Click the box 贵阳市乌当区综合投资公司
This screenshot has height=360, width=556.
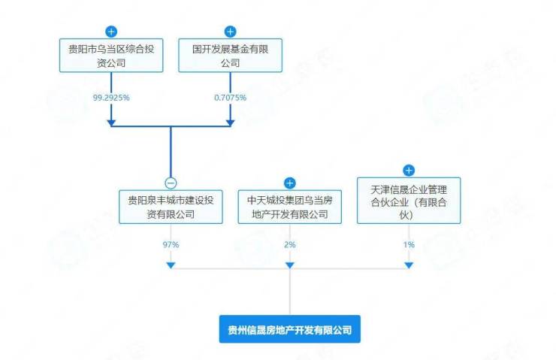(x=111, y=56)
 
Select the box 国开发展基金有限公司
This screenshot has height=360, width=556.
(x=231, y=56)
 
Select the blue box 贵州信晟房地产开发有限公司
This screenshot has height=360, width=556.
(x=289, y=329)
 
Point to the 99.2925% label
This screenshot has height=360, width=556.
(x=110, y=98)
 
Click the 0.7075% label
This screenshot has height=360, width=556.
(x=231, y=98)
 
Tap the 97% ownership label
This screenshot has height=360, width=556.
(x=171, y=245)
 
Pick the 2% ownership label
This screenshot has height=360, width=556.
(x=289, y=245)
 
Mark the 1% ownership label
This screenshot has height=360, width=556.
(x=409, y=245)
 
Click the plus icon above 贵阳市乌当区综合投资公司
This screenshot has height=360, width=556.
(x=111, y=32)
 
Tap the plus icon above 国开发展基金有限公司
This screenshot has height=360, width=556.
(x=231, y=32)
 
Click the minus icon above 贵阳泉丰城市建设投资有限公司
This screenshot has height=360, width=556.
(x=171, y=183)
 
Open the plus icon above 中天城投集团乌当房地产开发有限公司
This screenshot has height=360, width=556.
(x=290, y=183)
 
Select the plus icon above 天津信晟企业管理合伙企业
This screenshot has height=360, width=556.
(x=409, y=171)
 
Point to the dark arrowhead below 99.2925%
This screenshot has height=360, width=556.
(x=111, y=120)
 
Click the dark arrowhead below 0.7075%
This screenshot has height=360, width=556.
(x=231, y=120)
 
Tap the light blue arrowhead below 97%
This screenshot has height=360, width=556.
(x=171, y=265)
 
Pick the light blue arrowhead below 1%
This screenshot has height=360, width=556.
(x=409, y=265)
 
